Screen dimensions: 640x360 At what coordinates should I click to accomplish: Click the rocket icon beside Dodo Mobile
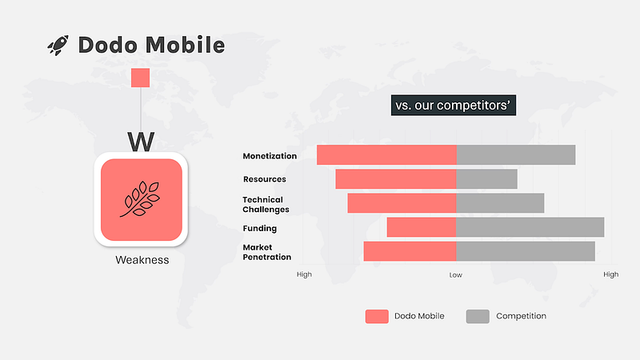58,45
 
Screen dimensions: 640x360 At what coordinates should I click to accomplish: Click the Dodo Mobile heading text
151,45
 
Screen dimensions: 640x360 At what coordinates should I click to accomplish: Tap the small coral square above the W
141,78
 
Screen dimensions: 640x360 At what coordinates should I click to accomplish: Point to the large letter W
141,142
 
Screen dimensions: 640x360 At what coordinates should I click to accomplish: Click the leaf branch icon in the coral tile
141,198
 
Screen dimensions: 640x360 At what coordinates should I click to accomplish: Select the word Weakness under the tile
142,260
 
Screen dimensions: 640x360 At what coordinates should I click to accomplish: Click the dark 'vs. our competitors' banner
454,106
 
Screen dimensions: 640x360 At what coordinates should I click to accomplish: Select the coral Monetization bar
386,155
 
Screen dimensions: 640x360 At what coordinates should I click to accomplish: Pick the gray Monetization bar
516,155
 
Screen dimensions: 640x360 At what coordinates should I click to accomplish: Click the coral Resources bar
396,179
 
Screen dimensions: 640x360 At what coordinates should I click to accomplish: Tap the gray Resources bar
486,179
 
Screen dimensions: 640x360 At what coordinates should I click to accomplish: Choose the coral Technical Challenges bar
402,203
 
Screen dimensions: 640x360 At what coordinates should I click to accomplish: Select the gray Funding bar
530,227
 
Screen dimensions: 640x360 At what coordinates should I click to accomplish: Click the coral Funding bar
422,227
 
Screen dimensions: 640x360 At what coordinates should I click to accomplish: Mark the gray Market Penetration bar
526,251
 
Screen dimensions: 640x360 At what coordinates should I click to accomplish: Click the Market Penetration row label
267,252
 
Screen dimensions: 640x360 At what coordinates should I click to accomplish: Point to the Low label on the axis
455,275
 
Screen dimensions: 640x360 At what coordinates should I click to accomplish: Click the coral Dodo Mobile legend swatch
377,316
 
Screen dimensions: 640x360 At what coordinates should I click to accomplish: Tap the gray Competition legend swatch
478,316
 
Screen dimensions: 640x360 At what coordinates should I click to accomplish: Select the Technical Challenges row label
266,205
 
